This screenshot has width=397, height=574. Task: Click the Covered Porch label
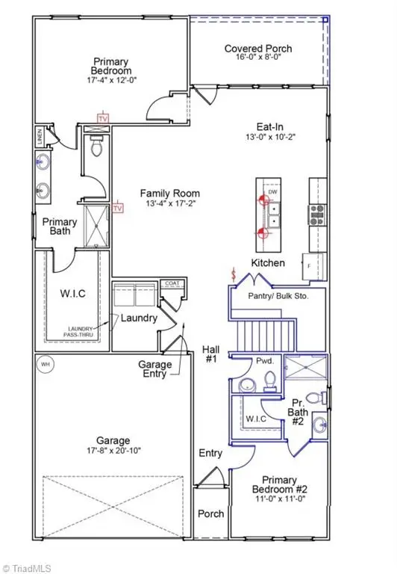[258, 49]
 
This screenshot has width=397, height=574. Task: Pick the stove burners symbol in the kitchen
[316, 215]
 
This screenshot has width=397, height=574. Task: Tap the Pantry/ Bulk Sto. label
[278, 296]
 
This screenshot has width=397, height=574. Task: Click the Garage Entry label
[155, 369]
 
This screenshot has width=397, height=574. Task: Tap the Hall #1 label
[210, 354]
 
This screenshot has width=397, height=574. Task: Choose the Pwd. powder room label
[266, 360]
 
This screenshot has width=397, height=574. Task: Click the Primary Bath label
[59, 226]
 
